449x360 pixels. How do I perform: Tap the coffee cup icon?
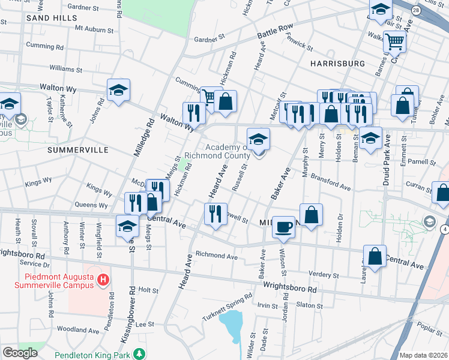[x=284, y=227]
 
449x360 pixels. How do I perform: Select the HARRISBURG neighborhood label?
[x=337, y=63]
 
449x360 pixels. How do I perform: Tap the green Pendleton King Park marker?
[x=139, y=354]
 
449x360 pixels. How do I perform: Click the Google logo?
[x=20, y=353]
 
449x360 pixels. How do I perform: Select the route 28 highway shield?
[x=416, y=11]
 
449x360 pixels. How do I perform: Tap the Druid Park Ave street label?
[x=386, y=153]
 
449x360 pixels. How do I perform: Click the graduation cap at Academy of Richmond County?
[x=259, y=140]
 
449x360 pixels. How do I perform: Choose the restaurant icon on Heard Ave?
[x=215, y=214]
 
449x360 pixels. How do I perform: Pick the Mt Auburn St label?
[x=94, y=29]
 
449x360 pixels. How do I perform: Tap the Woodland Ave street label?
[x=77, y=330]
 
